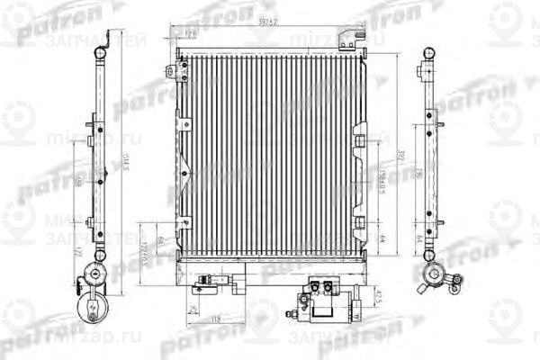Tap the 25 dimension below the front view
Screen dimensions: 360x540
(193, 309)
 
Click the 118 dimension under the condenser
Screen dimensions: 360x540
(217, 320)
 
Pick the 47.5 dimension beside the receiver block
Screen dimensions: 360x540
(378, 295)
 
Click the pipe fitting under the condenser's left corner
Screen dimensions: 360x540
(214, 281)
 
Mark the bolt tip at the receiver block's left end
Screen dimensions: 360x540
(290, 314)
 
